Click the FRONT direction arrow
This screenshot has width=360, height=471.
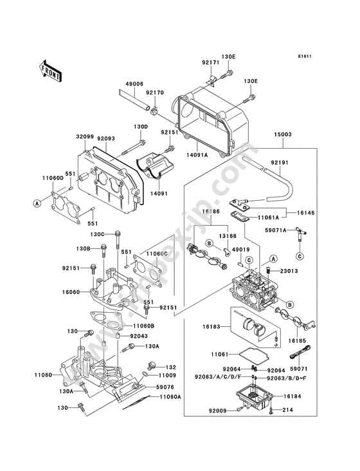50,71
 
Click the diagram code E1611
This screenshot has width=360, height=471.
305,56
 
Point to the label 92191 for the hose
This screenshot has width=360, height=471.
280,163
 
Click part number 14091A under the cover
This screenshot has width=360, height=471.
197,155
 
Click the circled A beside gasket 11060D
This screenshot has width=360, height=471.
37,203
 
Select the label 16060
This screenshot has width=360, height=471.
71,291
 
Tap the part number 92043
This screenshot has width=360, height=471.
139,336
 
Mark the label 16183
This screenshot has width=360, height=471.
212,326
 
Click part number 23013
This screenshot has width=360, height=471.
289,271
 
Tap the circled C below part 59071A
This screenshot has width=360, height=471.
300,256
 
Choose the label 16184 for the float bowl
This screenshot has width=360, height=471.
292,396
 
